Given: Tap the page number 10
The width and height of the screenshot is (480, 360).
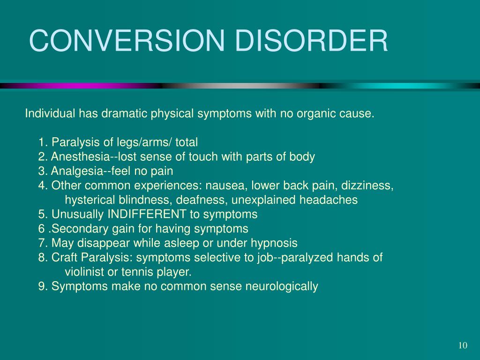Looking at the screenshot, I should (463, 345).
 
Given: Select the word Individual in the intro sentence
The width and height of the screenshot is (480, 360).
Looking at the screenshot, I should (50, 113).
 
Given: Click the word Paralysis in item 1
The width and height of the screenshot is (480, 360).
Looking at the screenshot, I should (72, 142).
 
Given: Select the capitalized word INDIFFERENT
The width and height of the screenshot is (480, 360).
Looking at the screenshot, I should (147, 215).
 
